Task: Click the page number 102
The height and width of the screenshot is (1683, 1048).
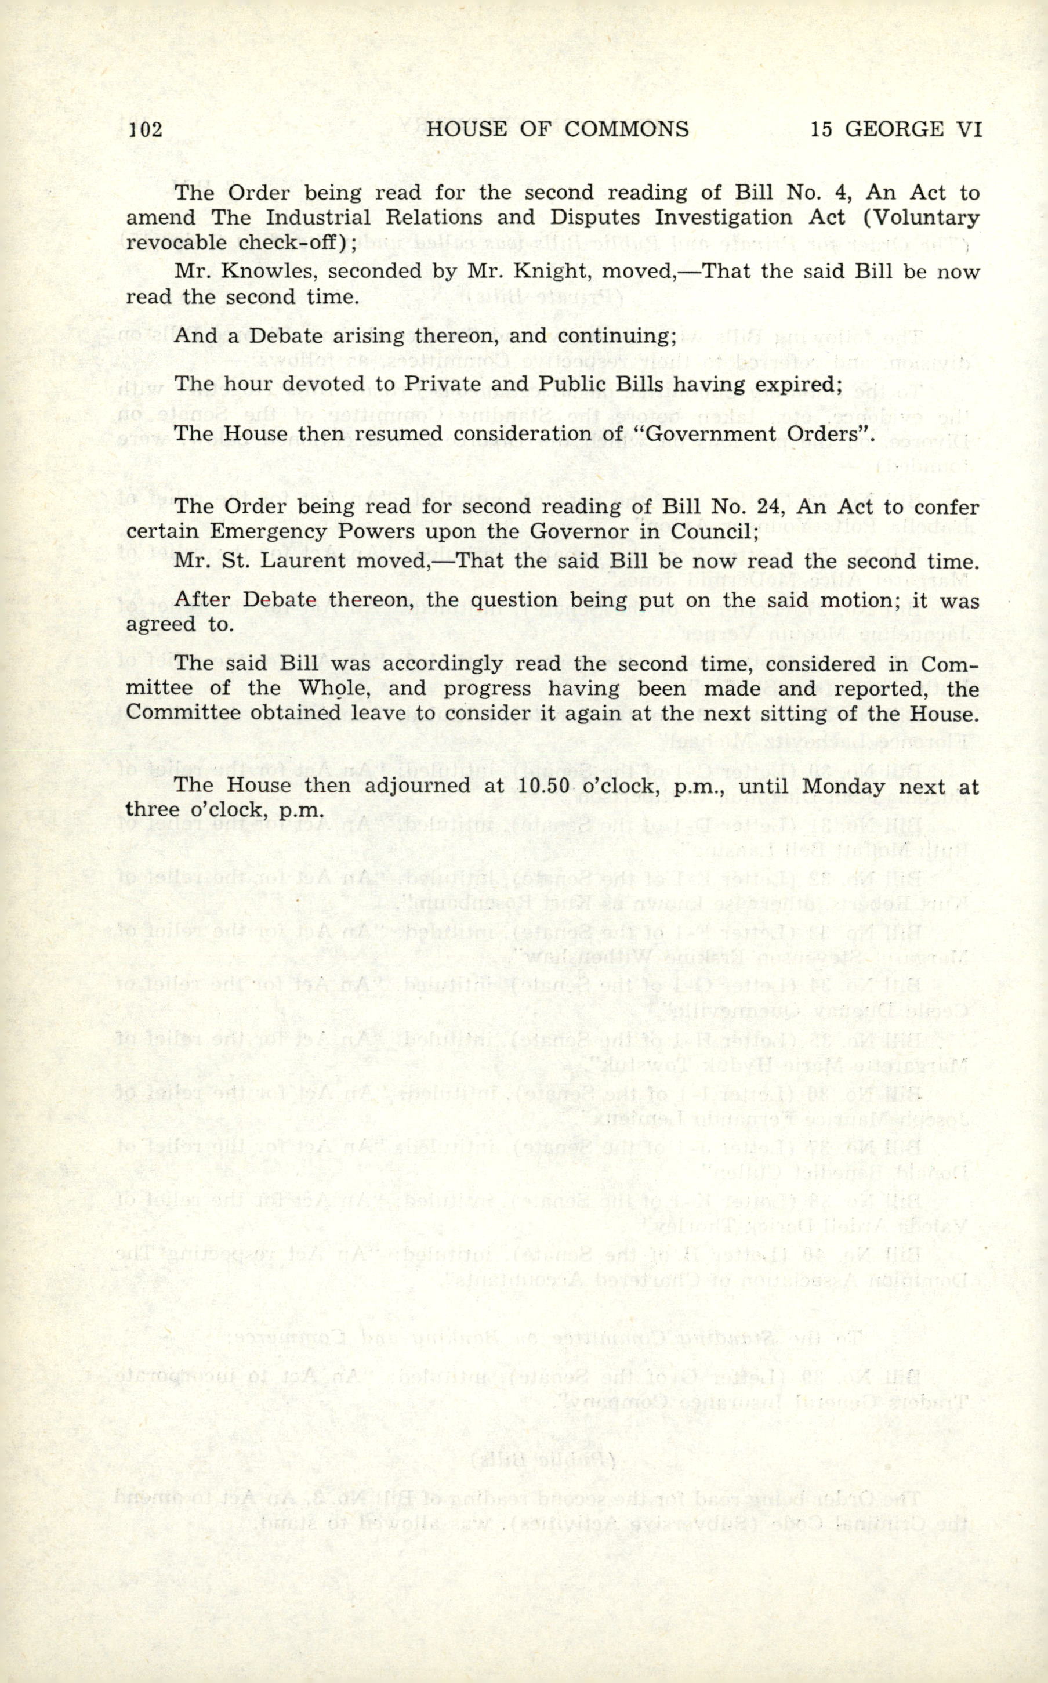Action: tap(146, 129)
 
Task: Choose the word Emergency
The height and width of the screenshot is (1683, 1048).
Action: tap(259, 531)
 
